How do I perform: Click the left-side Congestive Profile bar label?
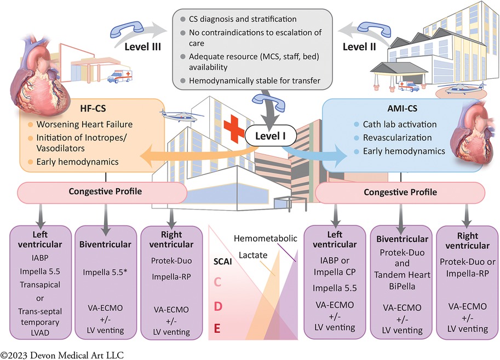(x=102, y=192)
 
